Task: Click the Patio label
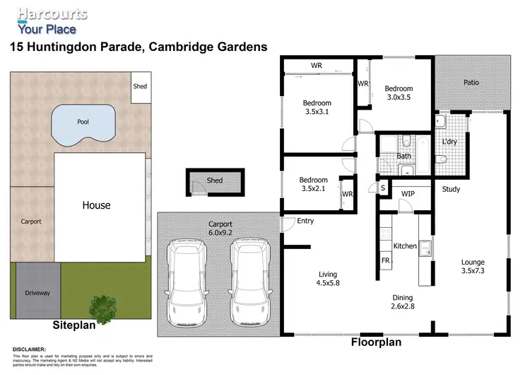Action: (x=471, y=82)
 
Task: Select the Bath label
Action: (x=404, y=156)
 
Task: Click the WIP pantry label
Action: (x=408, y=193)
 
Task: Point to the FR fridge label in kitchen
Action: (x=386, y=260)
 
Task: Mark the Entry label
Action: (x=305, y=221)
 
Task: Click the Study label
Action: (x=451, y=190)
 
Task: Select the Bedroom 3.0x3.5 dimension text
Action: (x=399, y=98)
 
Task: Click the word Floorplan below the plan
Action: (x=376, y=342)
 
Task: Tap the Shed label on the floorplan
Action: (x=215, y=180)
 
